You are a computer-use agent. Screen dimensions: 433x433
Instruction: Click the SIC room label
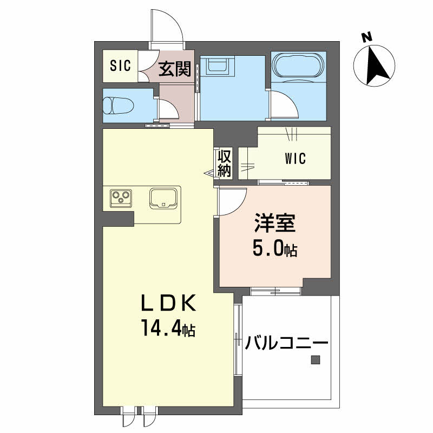[121, 65]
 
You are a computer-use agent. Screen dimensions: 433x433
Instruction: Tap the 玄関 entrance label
[174, 68]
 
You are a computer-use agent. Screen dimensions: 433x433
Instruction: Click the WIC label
[295, 159]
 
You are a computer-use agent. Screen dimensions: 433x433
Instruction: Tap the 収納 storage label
[225, 163]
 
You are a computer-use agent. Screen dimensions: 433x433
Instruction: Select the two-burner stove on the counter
[121, 198]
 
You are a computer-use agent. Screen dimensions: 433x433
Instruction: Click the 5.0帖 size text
[275, 250]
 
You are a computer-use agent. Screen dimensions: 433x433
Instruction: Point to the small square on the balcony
[315, 359]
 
